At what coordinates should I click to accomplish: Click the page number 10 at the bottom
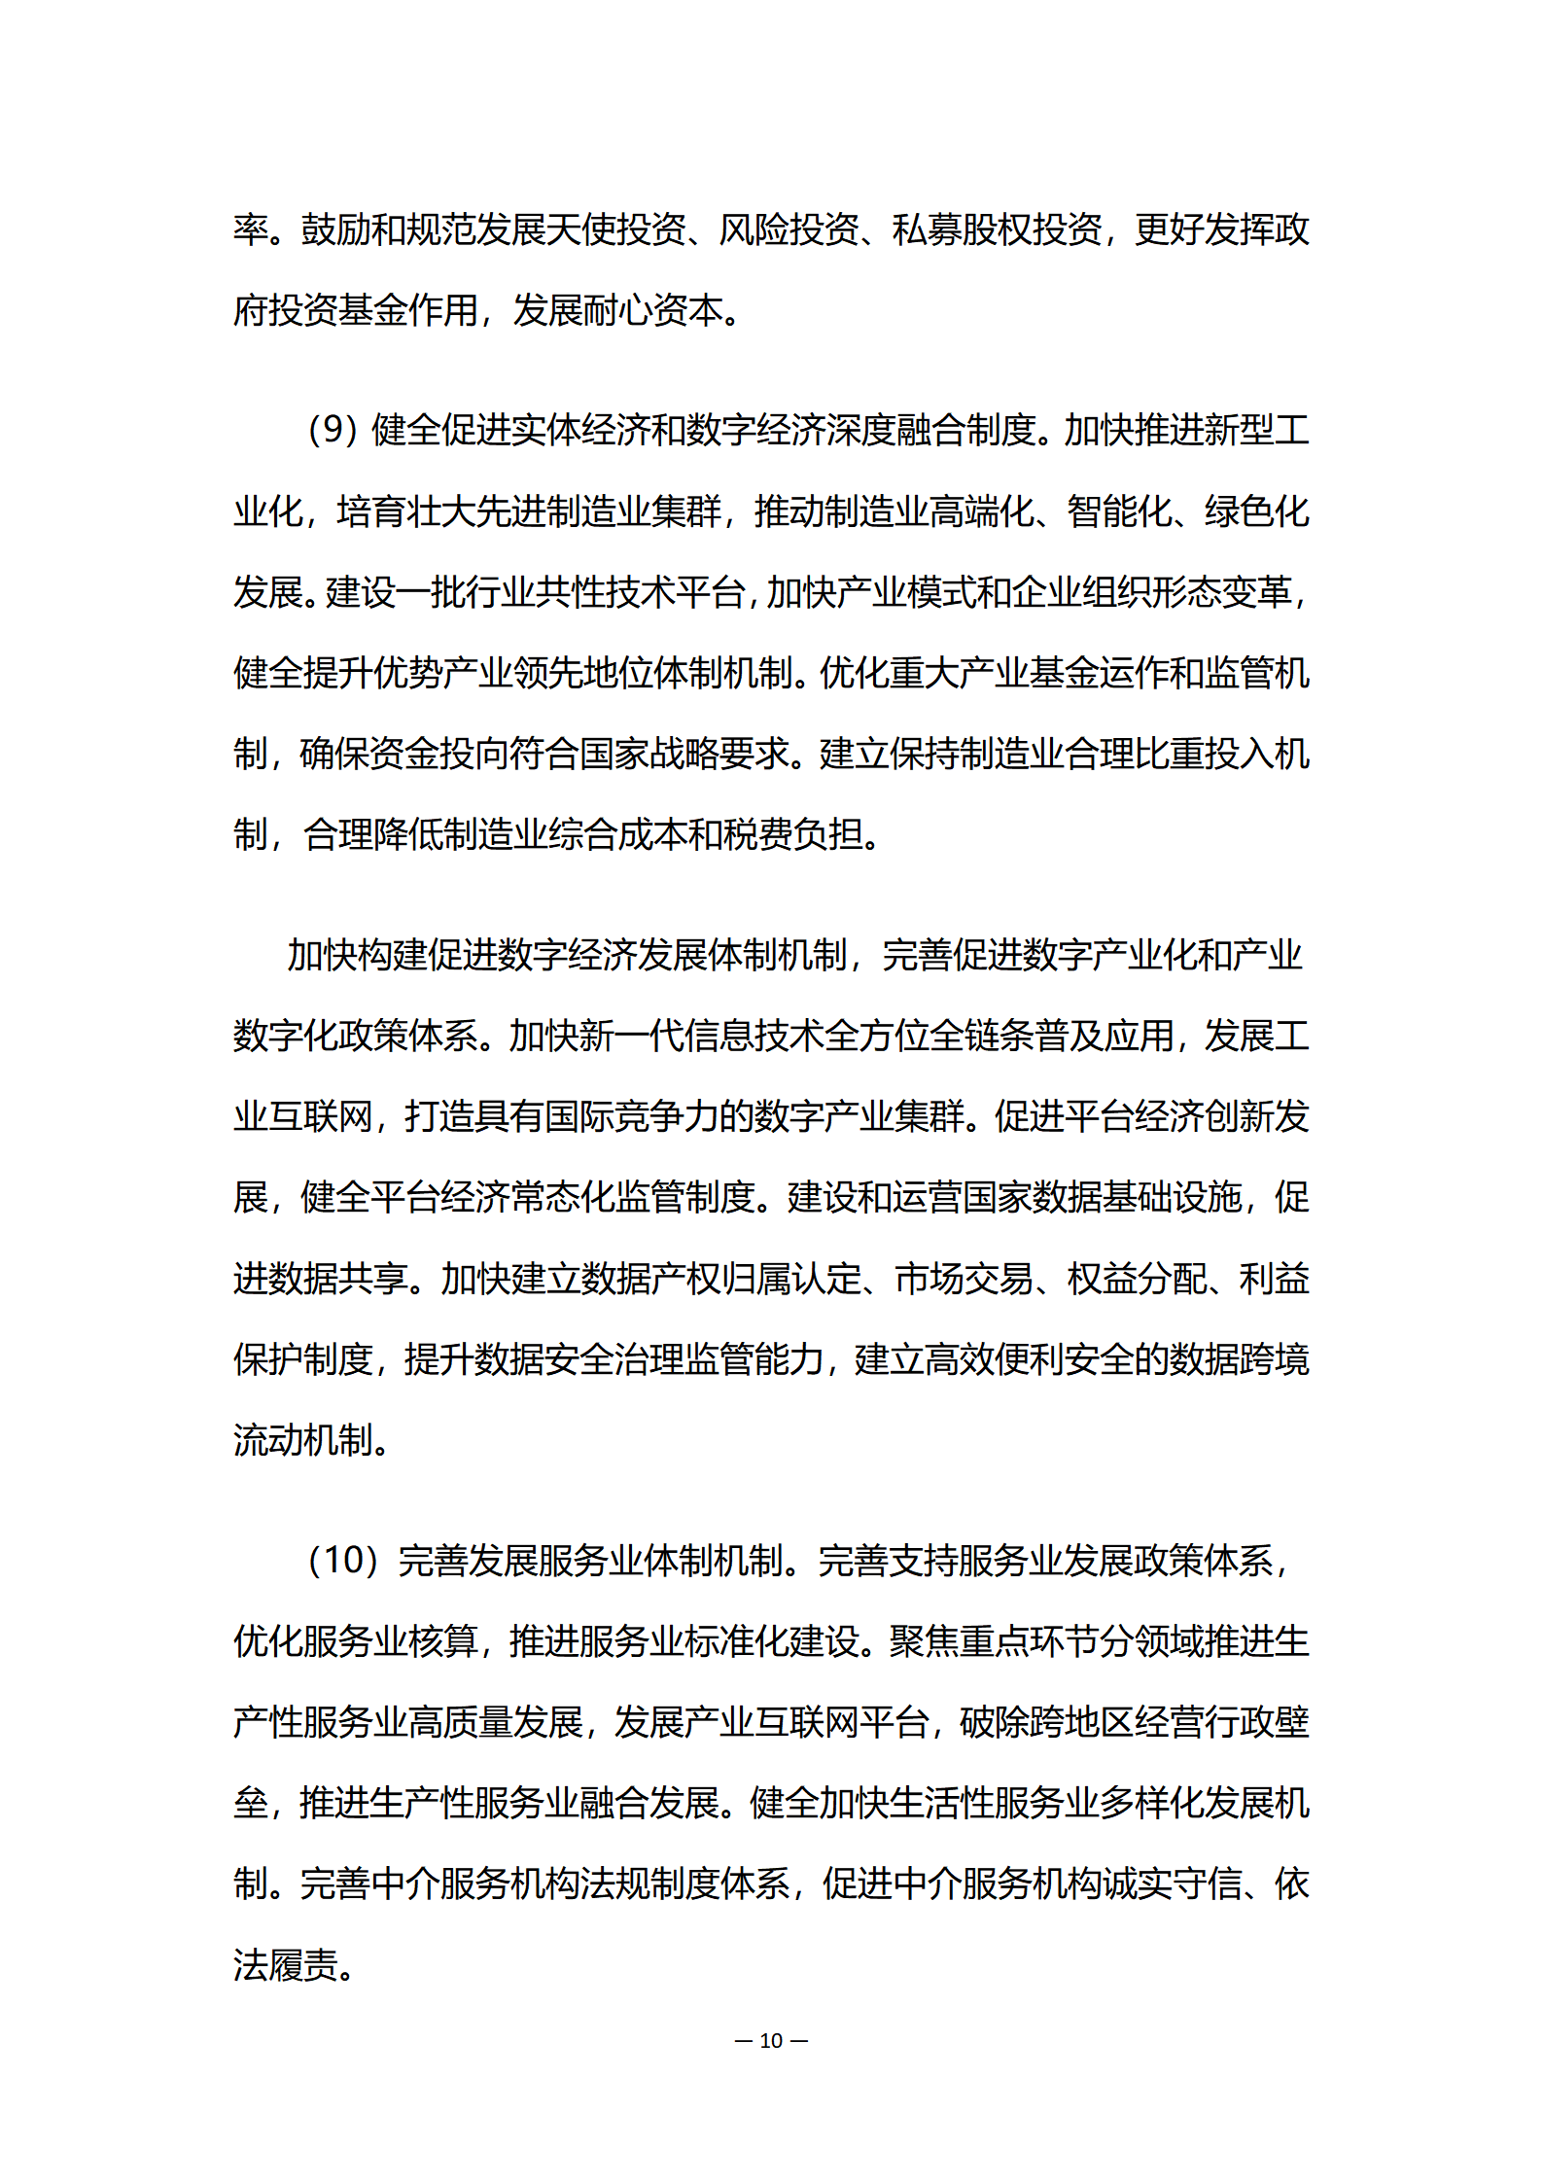pos(771,2040)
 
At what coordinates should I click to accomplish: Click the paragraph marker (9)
pos(333,430)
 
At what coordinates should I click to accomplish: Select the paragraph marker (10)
pos(342,1561)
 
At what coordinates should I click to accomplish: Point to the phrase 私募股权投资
pos(997,230)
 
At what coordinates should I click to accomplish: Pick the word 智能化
pos(1118,511)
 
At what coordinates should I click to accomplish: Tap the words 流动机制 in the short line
pos(302,1440)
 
